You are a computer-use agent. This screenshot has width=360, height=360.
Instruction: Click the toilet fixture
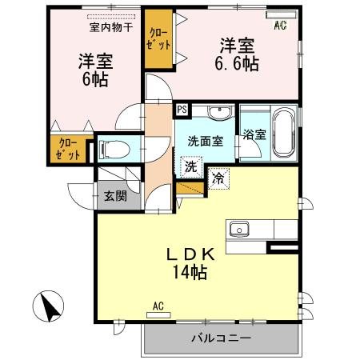click(x=114, y=149)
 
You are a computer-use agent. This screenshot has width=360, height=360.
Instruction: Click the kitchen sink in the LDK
click(x=239, y=229)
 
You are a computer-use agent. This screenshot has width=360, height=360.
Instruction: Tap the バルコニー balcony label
click(x=220, y=338)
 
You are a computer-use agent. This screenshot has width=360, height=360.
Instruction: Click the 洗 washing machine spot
click(x=191, y=167)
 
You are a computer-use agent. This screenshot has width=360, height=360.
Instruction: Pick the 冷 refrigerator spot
click(x=218, y=178)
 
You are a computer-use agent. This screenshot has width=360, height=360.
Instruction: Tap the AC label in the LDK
click(x=158, y=305)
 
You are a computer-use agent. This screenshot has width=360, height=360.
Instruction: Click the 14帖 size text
click(x=188, y=273)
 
